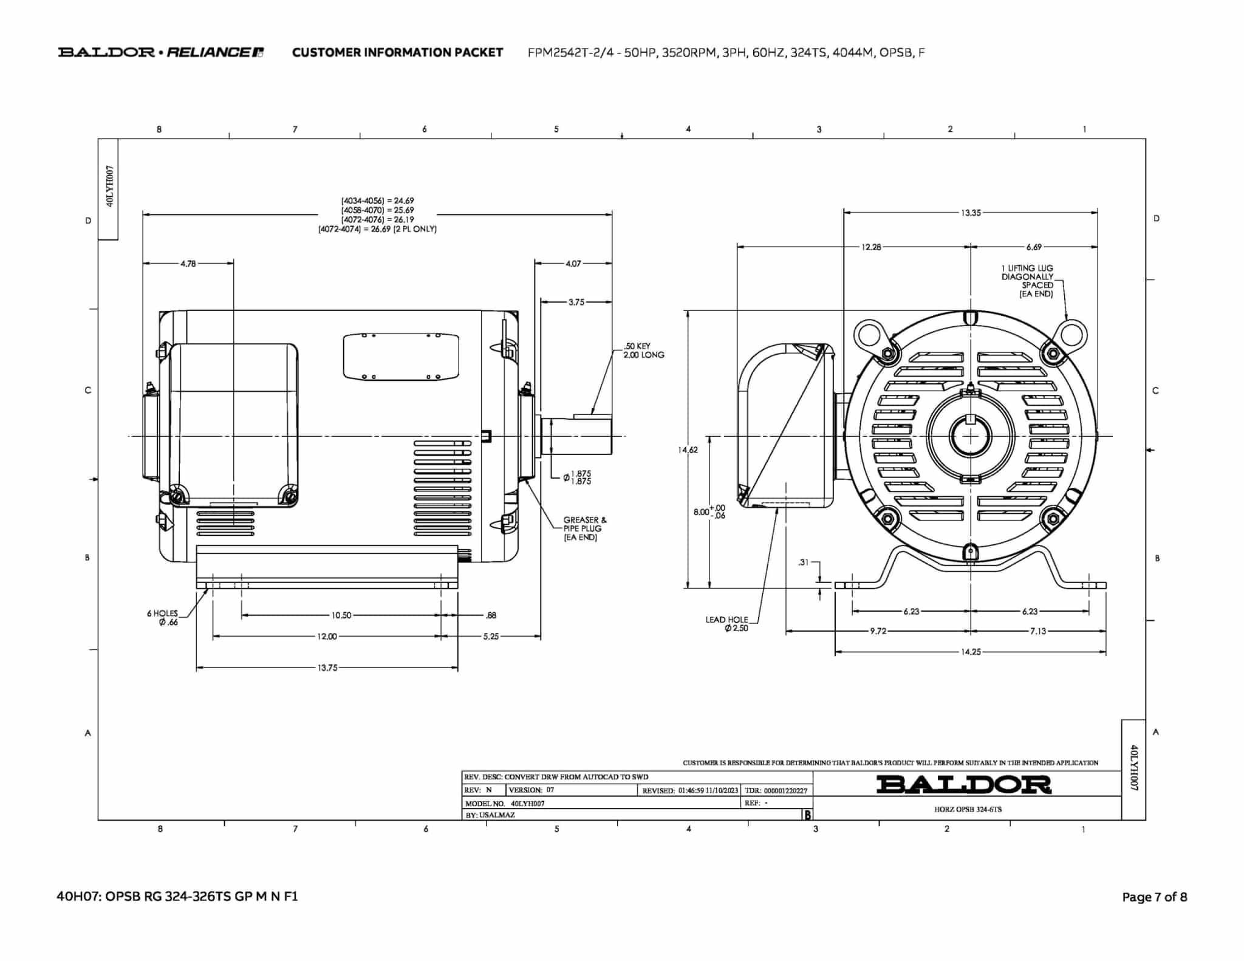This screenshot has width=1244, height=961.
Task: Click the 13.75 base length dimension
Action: (327, 668)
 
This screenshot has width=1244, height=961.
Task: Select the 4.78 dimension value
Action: (188, 264)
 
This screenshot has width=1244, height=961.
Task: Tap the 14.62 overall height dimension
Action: (688, 450)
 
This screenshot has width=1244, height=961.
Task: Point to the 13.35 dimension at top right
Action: (971, 213)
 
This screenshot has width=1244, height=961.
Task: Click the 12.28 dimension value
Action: (871, 247)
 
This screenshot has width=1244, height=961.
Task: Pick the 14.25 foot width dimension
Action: (971, 652)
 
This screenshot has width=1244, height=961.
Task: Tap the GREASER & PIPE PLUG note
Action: (584, 528)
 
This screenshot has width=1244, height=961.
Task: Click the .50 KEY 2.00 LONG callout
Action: (643, 351)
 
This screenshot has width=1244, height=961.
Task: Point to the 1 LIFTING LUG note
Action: (1027, 281)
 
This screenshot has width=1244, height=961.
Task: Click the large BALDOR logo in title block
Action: (963, 784)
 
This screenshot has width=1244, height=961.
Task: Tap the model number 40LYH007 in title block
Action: (527, 803)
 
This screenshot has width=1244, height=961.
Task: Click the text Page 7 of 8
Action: (1154, 897)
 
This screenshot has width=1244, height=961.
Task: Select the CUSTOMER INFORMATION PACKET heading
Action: (397, 53)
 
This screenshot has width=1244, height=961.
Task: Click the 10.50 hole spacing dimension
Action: (341, 615)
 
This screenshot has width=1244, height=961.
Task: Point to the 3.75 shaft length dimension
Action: (576, 302)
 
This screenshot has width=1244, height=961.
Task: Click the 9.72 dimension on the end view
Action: (878, 631)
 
